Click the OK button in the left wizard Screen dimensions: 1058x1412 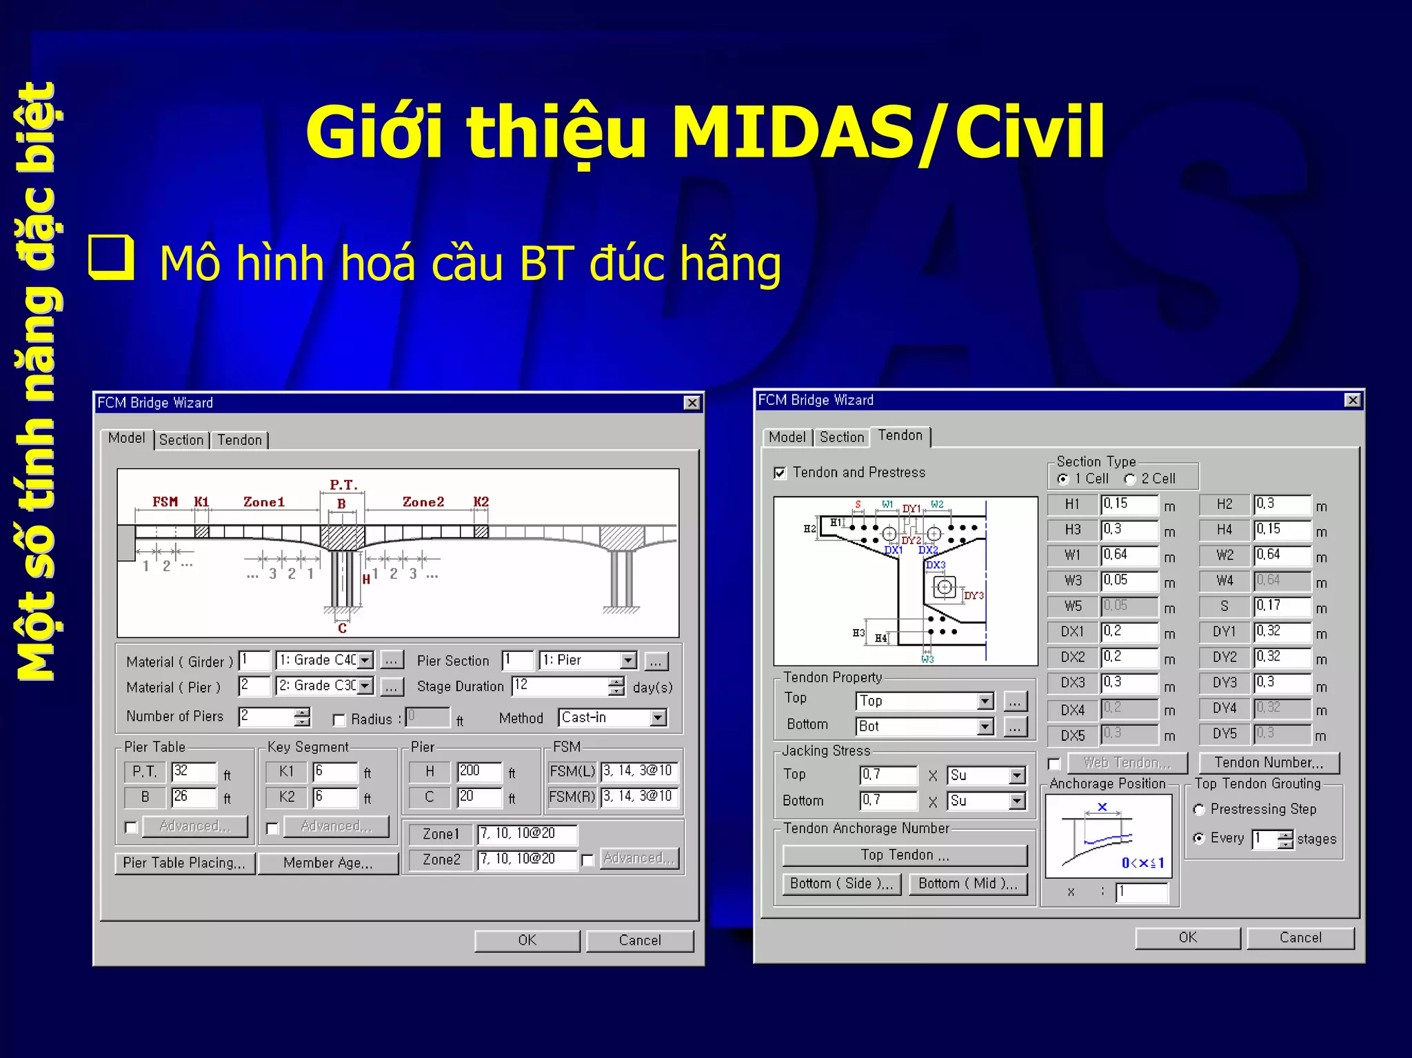coord(527,940)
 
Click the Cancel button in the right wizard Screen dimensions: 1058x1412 coord(1300,937)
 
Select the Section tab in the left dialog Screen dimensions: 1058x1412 coord(181,440)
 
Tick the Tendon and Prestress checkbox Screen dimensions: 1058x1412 coord(780,473)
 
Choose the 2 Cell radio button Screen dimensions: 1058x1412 coord(1130,479)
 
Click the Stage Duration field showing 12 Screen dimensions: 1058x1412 coord(559,686)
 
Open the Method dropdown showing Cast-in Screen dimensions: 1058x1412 coord(658,718)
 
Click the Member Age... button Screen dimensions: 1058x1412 coord(328,863)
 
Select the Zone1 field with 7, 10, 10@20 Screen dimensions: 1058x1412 coord(527,834)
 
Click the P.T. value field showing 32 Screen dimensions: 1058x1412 coord(193,772)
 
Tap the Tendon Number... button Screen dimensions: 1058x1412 coord(1269,763)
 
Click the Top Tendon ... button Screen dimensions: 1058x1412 coord(905,855)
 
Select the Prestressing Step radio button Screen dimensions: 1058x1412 coord(1199,810)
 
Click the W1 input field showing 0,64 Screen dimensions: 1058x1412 coord(1128,555)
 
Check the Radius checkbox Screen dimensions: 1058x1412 coord(339,720)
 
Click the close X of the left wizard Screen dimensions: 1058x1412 coord(692,403)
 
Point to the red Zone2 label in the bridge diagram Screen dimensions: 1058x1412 coord(423,502)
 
